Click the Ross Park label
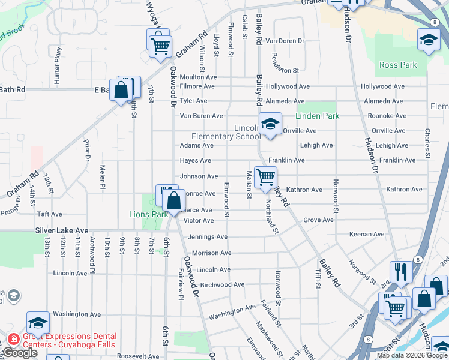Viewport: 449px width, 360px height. pyautogui.click(x=398, y=65)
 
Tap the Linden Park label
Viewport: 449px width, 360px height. pyautogui.click(x=317, y=116)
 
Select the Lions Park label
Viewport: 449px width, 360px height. pyautogui.click(x=148, y=214)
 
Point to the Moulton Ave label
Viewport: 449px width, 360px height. pyautogui.click(x=198, y=77)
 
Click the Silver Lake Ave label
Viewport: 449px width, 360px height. pyautogui.click(x=61, y=230)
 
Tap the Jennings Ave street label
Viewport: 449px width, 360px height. pyautogui.click(x=208, y=237)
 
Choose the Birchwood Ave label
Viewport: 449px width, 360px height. pyautogui.click(x=222, y=284)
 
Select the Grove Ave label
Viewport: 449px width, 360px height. pyautogui.click(x=318, y=220)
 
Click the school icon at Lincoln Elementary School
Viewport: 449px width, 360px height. pyautogui.click(x=270, y=124)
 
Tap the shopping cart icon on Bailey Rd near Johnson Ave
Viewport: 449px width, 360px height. pyautogui.click(x=265, y=176)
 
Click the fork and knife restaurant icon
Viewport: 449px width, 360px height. pyautogui.click(x=400, y=271)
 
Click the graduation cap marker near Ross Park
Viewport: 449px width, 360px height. pyautogui.click(x=428, y=40)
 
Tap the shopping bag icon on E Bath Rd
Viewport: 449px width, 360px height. pyautogui.click(x=121, y=91)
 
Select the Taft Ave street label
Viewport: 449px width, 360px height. pyautogui.click(x=50, y=214)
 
